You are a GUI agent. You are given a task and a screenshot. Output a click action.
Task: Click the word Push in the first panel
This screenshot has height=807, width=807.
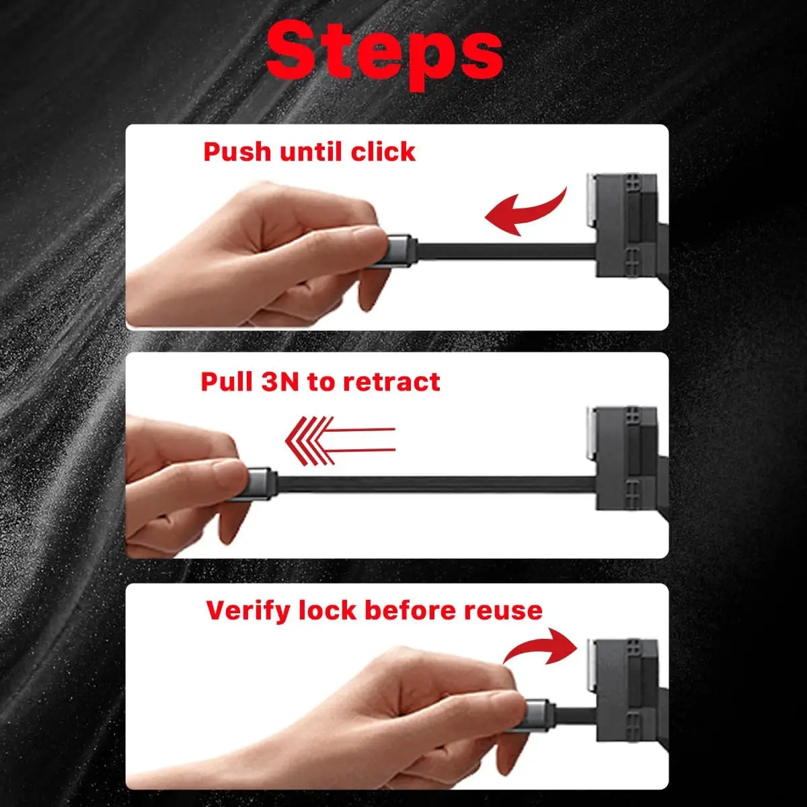coord(237,151)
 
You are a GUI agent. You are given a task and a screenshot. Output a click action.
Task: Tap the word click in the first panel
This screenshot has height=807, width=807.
coord(383,151)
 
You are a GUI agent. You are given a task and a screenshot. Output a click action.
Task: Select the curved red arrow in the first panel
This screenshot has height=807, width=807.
coord(527,212)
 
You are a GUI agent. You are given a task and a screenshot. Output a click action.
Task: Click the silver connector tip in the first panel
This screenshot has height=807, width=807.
coord(401,251)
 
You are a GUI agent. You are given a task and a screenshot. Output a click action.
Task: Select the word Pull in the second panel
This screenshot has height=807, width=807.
coord(227,382)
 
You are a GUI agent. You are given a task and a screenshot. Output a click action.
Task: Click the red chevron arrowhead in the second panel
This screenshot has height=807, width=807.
coord(310,441)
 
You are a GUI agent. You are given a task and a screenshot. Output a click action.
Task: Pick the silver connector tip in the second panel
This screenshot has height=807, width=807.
coord(262,484)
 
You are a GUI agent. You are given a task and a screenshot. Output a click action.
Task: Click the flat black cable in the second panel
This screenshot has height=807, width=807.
coord(436,484)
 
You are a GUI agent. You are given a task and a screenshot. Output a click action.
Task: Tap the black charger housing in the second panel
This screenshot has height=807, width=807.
coord(627,458)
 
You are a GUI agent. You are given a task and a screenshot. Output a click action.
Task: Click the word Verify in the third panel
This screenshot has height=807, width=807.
coord(248,611)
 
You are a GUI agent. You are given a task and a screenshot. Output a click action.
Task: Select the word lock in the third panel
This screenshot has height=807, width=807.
coord(327,611)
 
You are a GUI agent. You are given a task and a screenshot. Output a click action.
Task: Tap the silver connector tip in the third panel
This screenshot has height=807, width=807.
coord(539,716)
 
